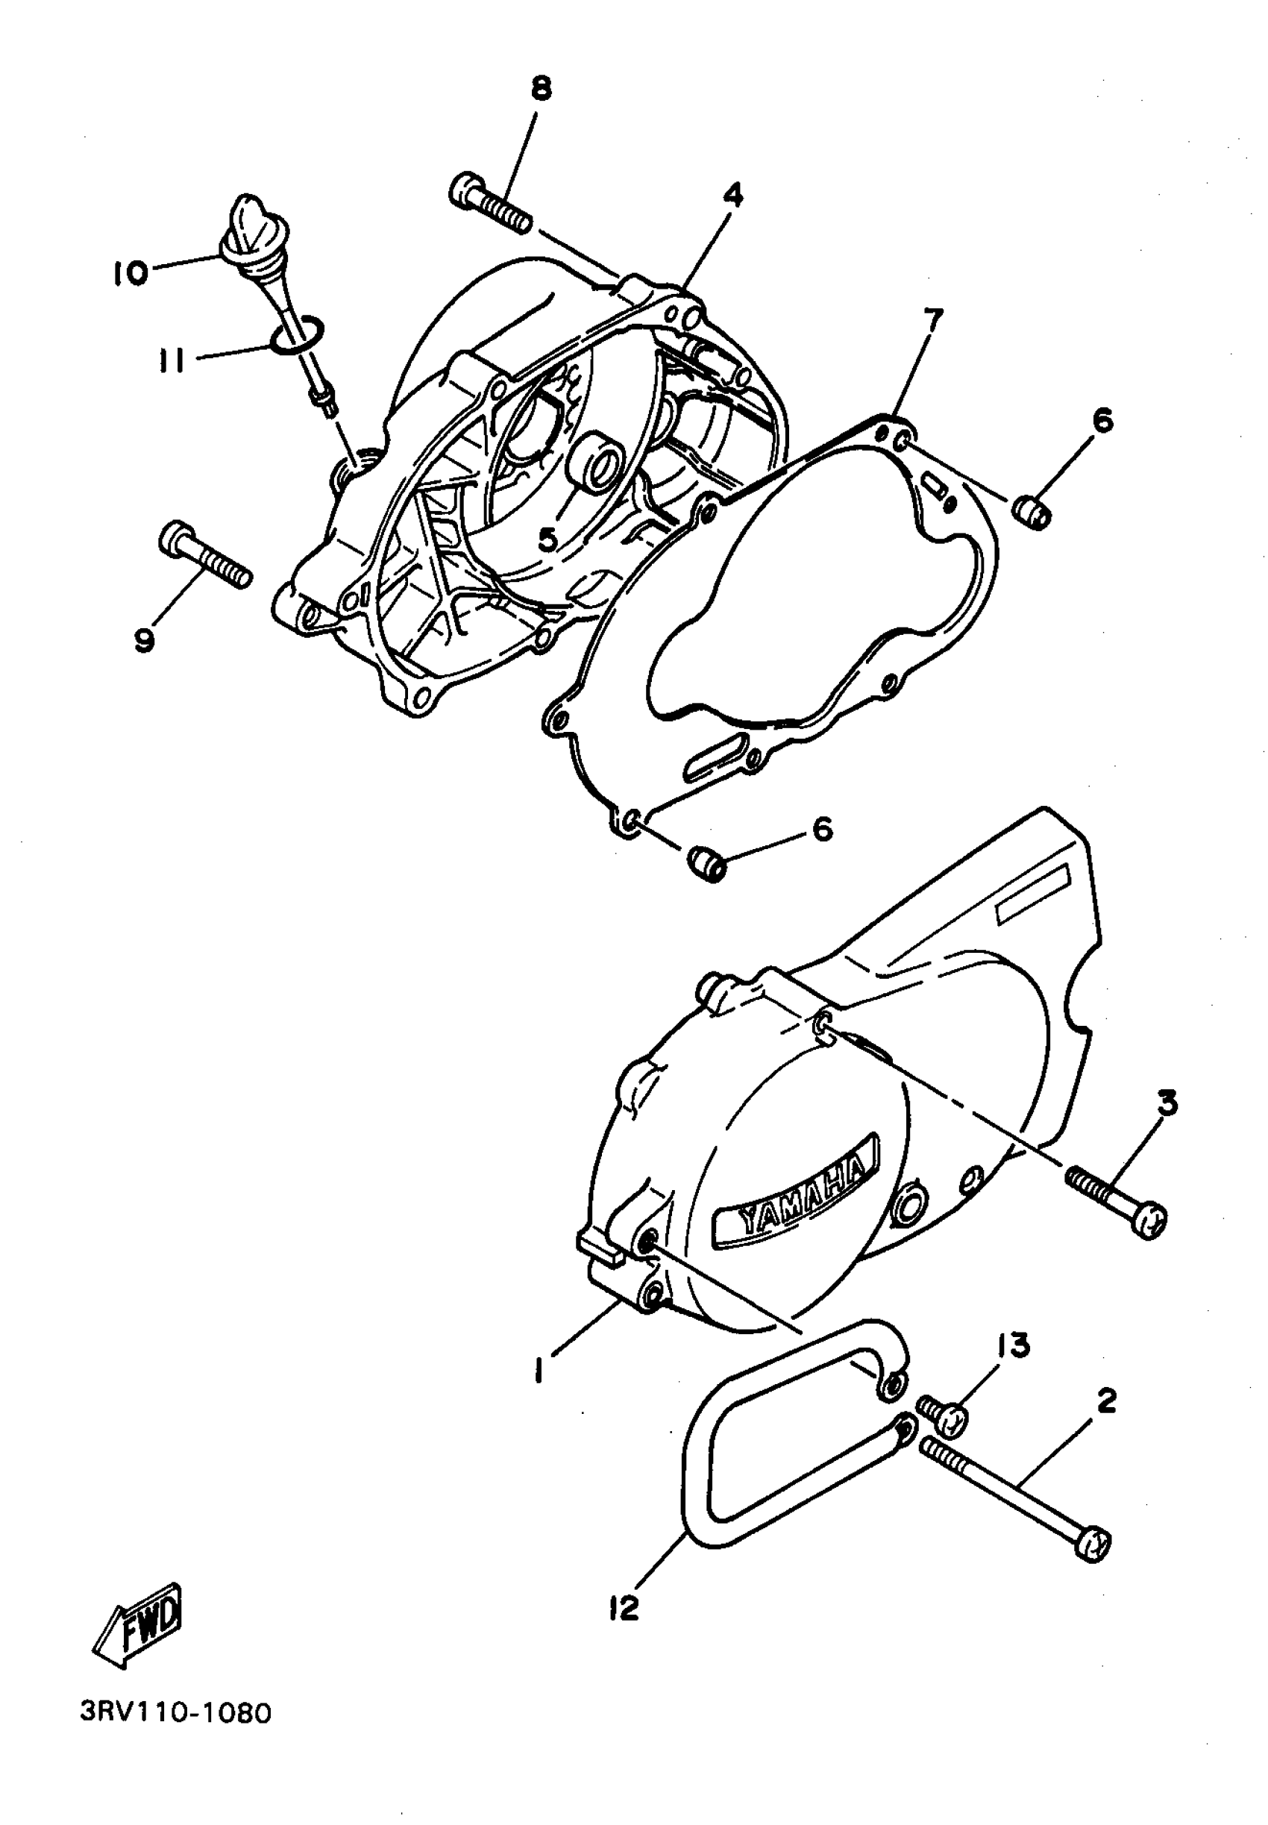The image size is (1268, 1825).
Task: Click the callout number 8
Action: click(x=540, y=89)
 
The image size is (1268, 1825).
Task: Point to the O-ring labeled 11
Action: click(x=296, y=336)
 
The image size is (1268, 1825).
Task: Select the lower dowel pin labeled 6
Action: click(x=706, y=863)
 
